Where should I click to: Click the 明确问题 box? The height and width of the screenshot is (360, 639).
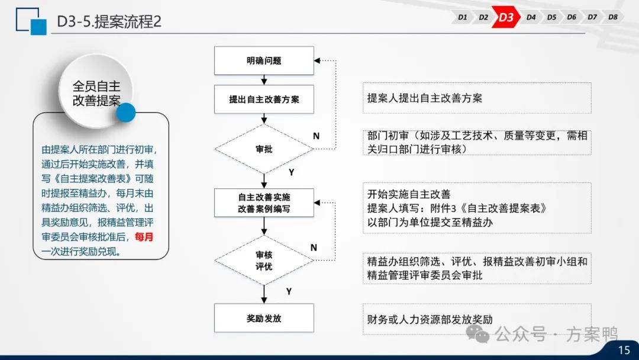(x=264, y=61)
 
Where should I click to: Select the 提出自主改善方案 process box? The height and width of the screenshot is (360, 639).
(x=264, y=99)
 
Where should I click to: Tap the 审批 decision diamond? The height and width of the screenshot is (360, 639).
(x=264, y=149)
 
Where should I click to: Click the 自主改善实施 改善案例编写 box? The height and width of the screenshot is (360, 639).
(x=264, y=202)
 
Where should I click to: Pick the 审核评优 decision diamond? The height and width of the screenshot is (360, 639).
(x=264, y=260)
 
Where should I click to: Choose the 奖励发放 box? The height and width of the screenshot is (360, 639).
(x=264, y=318)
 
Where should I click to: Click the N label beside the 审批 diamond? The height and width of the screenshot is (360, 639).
(x=316, y=136)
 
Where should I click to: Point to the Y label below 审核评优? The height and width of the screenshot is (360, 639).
(x=289, y=291)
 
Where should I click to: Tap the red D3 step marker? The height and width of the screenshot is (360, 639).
(x=506, y=17)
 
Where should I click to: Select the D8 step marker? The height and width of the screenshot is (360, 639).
(x=612, y=17)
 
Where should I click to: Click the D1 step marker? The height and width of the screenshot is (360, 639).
(x=462, y=17)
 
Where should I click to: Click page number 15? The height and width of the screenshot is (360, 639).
(x=624, y=350)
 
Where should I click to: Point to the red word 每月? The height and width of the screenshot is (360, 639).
(x=144, y=237)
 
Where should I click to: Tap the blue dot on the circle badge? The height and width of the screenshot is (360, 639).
(x=125, y=112)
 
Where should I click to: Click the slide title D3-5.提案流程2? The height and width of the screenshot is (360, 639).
(x=109, y=21)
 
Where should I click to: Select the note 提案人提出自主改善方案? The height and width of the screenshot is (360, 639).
(x=424, y=98)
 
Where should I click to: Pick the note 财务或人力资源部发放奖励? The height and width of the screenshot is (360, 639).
(x=430, y=319)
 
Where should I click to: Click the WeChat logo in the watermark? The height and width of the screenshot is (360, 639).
(x=477, y=334)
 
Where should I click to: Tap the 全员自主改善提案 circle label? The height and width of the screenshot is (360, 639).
(x=96, y=93)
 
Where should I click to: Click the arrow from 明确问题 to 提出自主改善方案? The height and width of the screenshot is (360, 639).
(x=264, y=80)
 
